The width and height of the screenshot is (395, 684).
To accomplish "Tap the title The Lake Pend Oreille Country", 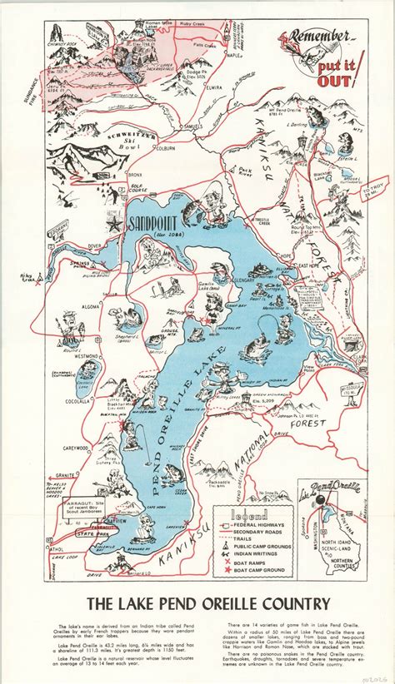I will [197, 602].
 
